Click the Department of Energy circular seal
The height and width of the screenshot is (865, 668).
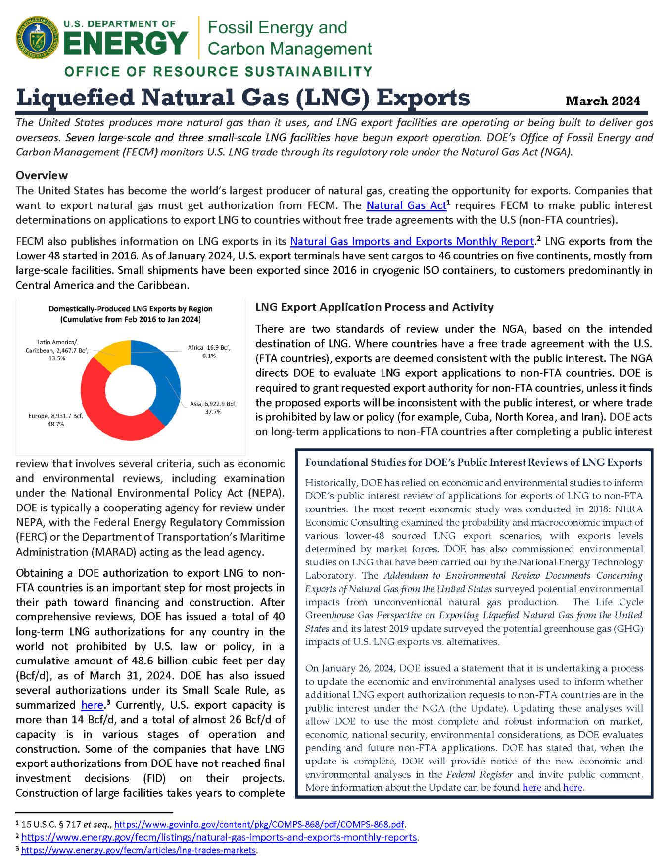coord(38,38)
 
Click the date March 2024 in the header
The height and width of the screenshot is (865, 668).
coord(602,101)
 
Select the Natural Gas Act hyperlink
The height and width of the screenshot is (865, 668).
coord(406,205)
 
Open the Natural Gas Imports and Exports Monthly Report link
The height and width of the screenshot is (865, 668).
coord(412,241)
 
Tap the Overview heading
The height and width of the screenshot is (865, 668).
coord(42,175)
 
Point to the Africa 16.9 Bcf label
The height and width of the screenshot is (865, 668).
coord(209,351)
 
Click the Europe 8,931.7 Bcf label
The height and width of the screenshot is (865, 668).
coord(55,420)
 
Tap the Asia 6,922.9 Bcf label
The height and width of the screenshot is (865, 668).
coord(213,407)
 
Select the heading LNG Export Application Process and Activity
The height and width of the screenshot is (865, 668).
coord(374,307)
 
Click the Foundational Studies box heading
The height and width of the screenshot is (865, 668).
coord(473,462)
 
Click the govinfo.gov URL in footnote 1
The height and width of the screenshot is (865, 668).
coord(259,824)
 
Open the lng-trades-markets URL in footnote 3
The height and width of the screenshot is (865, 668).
coord(139,850)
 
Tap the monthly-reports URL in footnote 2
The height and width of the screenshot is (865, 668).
coord(219,837)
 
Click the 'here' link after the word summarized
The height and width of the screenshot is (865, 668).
coord(92,705)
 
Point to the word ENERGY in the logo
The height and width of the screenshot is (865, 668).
coord(126,43)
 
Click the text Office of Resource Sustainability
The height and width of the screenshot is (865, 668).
coord(218,72)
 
